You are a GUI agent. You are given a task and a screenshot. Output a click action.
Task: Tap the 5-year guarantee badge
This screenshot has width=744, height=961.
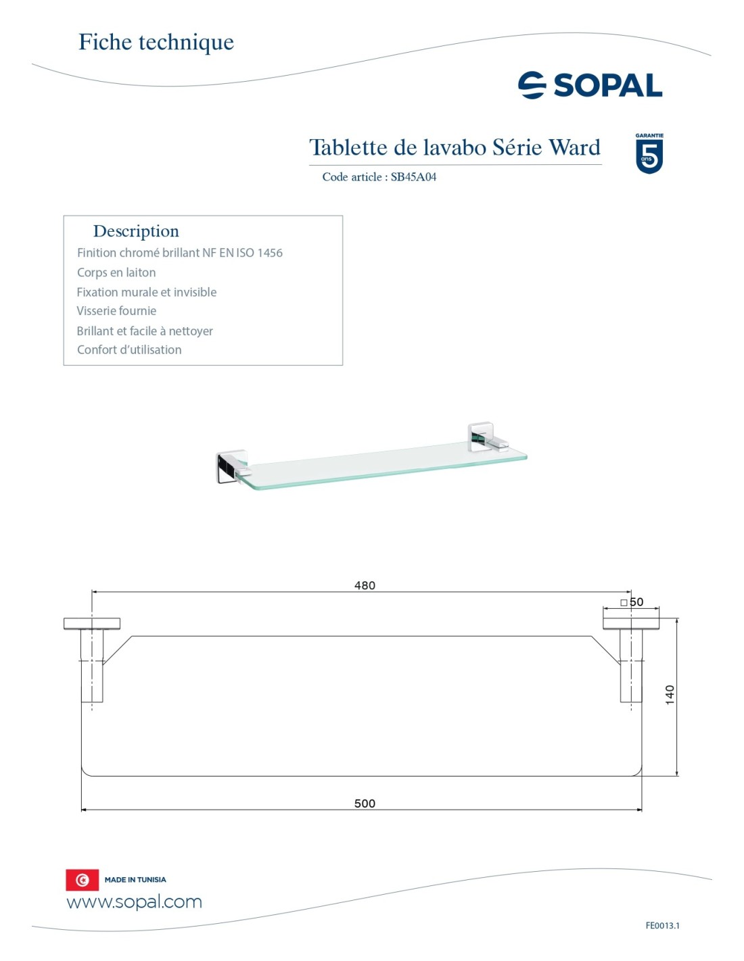coord(649,154)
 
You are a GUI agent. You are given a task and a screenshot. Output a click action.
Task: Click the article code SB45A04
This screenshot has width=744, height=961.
coord(413,177)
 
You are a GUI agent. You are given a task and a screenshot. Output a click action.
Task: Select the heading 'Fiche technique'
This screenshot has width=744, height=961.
coord(156,42)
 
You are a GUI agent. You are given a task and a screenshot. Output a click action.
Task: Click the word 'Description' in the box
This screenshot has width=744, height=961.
coord(136,231)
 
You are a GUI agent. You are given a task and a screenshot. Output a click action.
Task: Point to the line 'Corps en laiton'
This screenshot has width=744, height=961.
coord(116,272)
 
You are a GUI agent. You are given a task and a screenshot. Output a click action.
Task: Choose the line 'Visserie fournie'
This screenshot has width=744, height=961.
coord(116,311)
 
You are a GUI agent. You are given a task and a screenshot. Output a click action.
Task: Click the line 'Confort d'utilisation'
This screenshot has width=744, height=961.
coord(129,350)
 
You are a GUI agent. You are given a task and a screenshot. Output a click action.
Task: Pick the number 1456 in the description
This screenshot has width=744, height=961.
coord(270,253)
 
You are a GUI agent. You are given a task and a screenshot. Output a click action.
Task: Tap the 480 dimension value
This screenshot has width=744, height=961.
coord(365,585)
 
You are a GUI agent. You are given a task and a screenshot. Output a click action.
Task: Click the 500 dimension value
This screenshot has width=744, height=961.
coord(365,804)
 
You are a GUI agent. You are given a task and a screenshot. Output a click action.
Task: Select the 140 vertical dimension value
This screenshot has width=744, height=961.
coord(670,695)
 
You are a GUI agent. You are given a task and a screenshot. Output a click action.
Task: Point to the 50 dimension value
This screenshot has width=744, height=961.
coord(636,602)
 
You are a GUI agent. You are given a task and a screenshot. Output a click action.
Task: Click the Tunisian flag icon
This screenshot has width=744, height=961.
coord(82,880)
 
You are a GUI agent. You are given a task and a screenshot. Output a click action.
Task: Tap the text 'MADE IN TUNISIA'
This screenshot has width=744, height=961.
coord(135,880)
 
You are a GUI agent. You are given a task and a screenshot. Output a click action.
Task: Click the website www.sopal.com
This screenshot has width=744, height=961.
coord(134,902)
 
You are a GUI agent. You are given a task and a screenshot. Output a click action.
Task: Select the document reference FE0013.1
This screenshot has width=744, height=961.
coord(662,926)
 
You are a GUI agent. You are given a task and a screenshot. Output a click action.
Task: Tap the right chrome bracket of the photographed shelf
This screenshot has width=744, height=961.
coord(483,437)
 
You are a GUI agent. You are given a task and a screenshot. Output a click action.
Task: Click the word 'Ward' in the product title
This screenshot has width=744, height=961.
coord(574,147)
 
